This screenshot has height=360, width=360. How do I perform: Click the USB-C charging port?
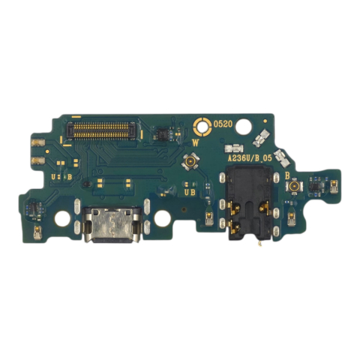(x=109, y=226)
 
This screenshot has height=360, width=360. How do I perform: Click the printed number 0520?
(x=223, y=124)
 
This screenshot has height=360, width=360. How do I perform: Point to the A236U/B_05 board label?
(x=250, y=158)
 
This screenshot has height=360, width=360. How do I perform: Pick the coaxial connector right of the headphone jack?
(x=295, y=184)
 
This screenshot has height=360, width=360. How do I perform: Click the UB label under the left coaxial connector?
(x=190, y=192)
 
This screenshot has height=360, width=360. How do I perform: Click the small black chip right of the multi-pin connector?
(x=159, y=133)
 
